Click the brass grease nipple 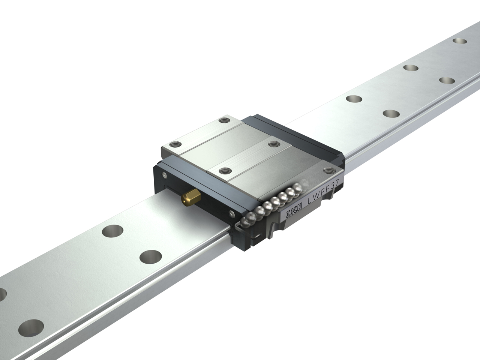[191, 196]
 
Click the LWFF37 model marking [323, 192]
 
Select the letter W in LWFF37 [316, 197]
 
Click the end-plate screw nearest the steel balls [232, 214]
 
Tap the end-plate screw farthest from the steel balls [164, 174]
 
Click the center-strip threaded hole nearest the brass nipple [225, 171]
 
